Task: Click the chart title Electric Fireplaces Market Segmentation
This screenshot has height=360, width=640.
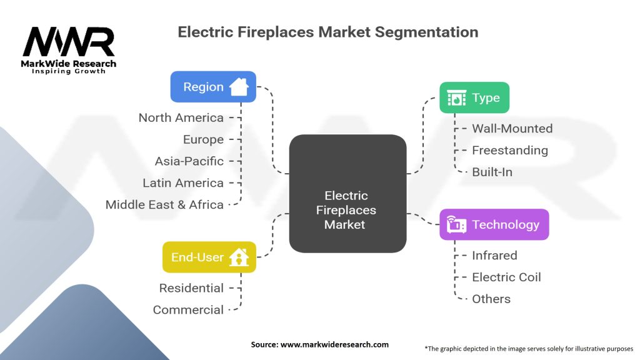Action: tap(328, 32)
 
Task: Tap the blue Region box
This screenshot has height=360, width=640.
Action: tap(213, 87)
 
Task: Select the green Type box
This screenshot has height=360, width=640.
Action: tap(474, 97)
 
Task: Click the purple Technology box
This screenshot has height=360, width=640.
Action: tap(494, 224)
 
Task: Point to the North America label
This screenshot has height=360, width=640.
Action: tap(181, 117)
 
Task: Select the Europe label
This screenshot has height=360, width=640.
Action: tap(203, 139)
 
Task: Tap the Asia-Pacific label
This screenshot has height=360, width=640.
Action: tap(189, 161)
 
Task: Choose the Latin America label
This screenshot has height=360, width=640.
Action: tap(182, 183)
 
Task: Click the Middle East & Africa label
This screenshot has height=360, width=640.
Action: tap(164, 204)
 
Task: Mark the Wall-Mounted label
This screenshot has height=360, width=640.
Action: tap(512, 129)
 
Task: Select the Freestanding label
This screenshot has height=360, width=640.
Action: tap(509, 151)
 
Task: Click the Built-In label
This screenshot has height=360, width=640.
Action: tap(492, 172)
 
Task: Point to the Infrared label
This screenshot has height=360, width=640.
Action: tap(494, 256)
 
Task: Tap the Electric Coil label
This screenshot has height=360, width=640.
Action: tap(506, 277)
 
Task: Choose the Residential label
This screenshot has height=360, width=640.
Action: tap(191, 288)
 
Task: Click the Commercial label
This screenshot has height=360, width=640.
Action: tap(188, 310)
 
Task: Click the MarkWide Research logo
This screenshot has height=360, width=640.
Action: tap(69, 50)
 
